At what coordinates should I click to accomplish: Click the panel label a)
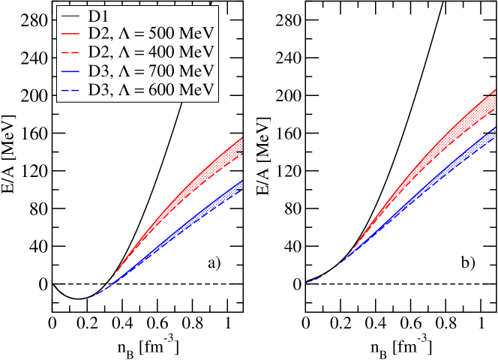click(214, 262)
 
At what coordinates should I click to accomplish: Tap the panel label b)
click(468, 262)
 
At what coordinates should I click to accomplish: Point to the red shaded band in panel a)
click(217, 163)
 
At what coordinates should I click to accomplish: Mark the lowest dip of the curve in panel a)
click(78, 298)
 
